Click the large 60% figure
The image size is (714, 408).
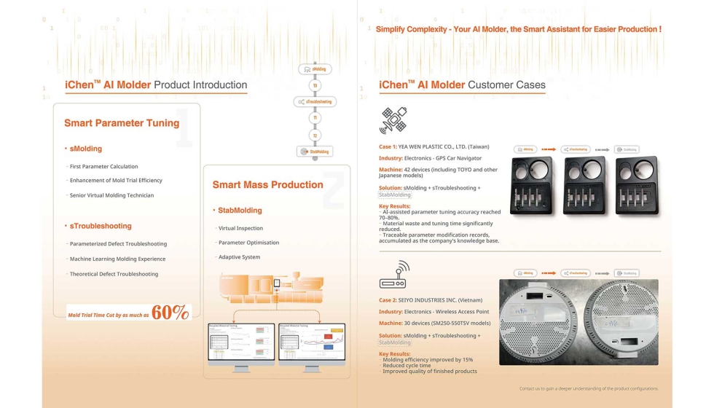pyautogui.click(x=170, y=313)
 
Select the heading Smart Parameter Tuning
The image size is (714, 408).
pyautogui.click(x=122, y=123)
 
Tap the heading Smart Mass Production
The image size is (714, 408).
pyautogui.click(x=267, y=184)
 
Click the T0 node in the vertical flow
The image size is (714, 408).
pyautogui.click(x=315, y=85)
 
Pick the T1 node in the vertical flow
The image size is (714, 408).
pyautogui.click(x=315, y=117)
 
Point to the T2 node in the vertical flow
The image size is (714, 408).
pyautogui.click(x=315, y=135)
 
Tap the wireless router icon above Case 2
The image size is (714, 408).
pyautogui.click(x=394, y=274)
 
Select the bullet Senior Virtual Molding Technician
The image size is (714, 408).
pyautogui.click(x=111, y=195)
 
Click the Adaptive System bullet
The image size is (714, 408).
pyautogui.click(x=240, y=257)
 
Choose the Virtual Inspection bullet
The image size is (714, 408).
pyautogui.click(x=241, y=228)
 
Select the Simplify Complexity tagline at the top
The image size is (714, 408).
pyautogui.click(x=518, y=29)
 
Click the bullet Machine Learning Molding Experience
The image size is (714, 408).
pyautogui.click(x=117, y=259)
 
